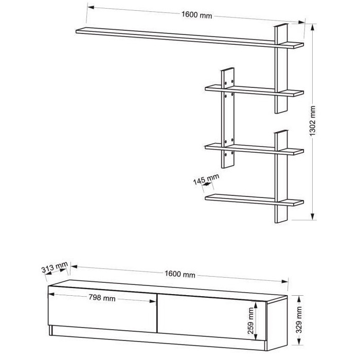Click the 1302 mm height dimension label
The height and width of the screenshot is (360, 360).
click(313, 121)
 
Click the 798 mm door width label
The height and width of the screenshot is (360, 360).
click(102, 298)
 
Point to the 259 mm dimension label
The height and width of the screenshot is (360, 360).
click(251, 321)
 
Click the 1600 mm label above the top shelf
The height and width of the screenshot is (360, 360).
click(197, 15)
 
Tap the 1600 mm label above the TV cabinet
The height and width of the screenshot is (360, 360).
click(180, 274)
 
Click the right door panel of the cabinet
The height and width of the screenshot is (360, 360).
click(211, 317)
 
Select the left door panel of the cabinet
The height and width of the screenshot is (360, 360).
click(102, 309)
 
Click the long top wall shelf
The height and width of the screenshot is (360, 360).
click(190, 38)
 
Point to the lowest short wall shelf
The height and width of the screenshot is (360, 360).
click(254, 200)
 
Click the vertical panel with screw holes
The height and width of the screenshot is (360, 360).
click(228, 118)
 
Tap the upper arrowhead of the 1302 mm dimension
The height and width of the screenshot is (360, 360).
click(312, 27)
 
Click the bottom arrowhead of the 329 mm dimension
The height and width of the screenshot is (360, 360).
click(298, 341)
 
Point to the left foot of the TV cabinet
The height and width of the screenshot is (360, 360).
click(50, 330)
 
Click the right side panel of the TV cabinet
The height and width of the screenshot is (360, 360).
click(277, 323)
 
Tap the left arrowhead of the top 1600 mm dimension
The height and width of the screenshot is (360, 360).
click(91, 7)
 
